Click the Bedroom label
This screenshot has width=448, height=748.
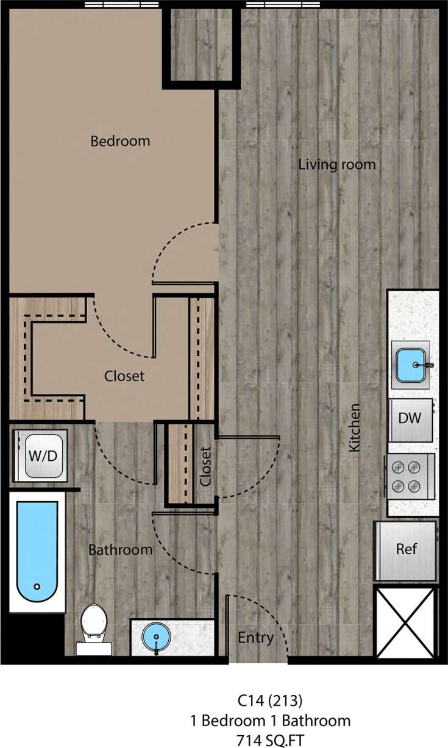click(x=120, y=141)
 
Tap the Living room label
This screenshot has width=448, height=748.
click(x=336, y=165)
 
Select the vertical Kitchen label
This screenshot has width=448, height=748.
click(x=354, y=427)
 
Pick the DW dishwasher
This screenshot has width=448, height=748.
click(x=410, y=419)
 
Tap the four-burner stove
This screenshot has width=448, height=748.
click(x=407, y=476)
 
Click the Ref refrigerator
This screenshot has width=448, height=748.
click(x=407, y=549)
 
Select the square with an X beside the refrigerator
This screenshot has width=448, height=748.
click(x=405, y=622)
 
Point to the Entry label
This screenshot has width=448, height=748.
click(x=255, y=638)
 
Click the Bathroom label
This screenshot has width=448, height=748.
click(x=120, y=550)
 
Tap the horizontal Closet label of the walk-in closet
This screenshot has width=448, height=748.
click(x=124, y=376)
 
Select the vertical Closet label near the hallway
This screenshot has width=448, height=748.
click(x=205, y=466)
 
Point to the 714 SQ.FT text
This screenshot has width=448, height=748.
click(x=271, y=739)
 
